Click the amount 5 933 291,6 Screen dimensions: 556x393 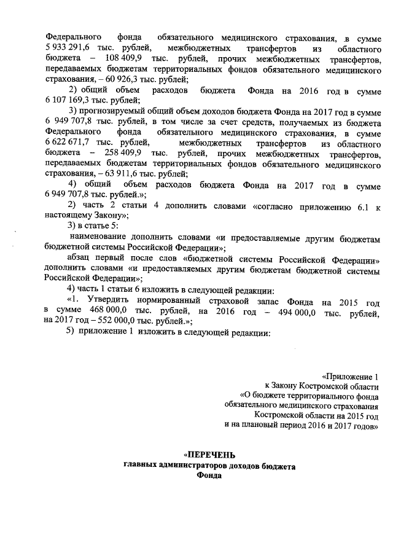pyautogui.click(x=71, y=48)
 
